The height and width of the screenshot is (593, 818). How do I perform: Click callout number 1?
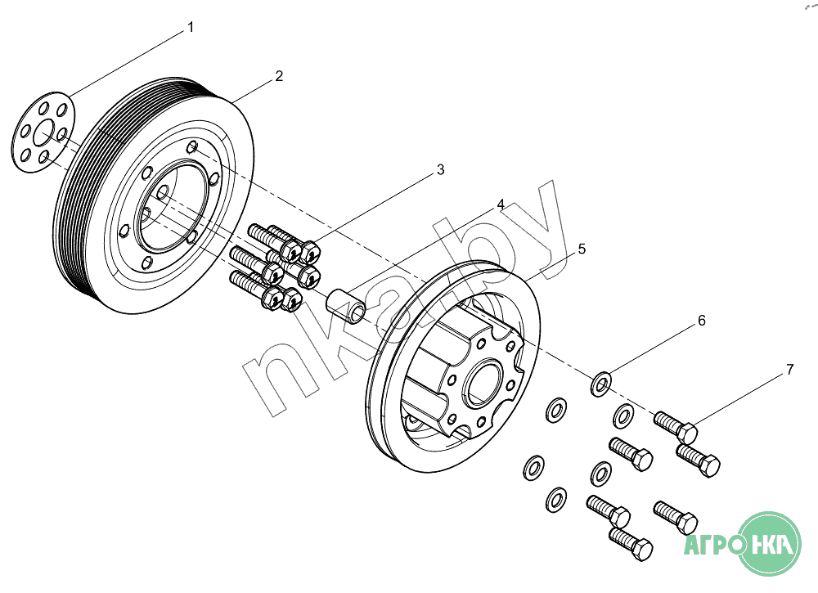point(191,27)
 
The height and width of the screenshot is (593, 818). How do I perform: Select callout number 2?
point(279,76)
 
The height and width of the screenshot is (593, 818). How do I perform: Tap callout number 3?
point(440,170)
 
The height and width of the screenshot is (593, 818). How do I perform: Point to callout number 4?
point(501,204)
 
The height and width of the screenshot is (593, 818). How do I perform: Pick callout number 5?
point(582,249)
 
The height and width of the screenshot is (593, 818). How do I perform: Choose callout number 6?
point(701,321)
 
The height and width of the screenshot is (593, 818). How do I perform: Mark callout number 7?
point(789,370)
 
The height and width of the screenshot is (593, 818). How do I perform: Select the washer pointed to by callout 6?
point(602,382)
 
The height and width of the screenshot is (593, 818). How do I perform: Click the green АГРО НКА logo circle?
point(770,544)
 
